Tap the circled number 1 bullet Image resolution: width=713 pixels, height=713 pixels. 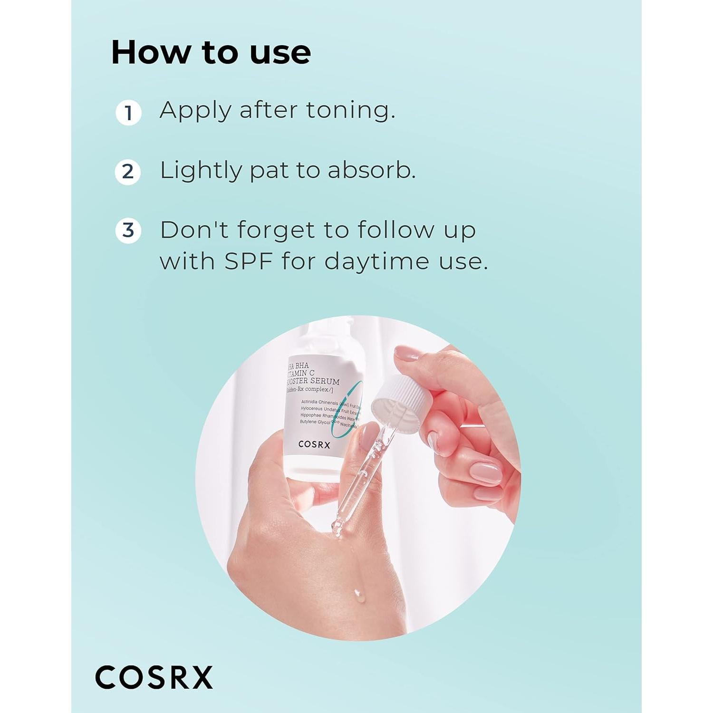pyautogui.click(x=128, y=113)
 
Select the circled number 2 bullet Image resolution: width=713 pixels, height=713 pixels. pyautogui.click(x=128, y=172)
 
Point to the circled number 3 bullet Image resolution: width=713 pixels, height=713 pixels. pyautogui.click(x=128, y=231)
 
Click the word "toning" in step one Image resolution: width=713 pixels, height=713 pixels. pyautogui.click(x=350, y=110)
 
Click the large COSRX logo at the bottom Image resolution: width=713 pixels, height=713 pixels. pyautogui.click(x=154, y=677)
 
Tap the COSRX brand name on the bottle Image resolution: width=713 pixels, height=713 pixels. pyautogui.click(x=314, y=444)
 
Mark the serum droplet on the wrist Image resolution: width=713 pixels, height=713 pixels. pyautogui.click(x=359, y=595)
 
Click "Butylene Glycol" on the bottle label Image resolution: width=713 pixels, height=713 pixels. pyautogui.click(x=315, y=422)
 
